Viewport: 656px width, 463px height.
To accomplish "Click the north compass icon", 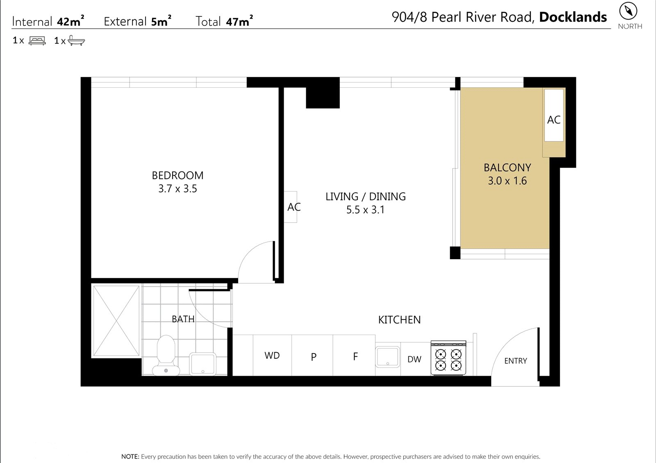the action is (628, 11).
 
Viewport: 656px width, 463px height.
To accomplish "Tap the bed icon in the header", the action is (37, 41).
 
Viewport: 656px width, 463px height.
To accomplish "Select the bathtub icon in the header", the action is (76, 41).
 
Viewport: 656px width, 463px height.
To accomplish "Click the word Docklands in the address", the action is (573, 17).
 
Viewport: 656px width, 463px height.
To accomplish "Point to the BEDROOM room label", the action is (178, 176).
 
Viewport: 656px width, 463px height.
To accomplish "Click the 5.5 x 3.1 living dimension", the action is (365, 210).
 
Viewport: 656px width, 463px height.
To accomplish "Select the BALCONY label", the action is (507, 167).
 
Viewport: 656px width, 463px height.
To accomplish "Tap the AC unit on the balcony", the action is (554, 115).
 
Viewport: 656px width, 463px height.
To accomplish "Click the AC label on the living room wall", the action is (294, 207).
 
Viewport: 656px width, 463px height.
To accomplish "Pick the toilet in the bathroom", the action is (166, 355).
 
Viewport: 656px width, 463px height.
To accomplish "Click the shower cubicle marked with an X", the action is (116, 321).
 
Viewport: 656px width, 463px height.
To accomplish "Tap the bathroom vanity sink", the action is (203, 364).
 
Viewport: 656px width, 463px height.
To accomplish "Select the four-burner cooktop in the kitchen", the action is (448, 358).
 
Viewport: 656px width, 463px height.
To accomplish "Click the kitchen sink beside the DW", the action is (387, 357).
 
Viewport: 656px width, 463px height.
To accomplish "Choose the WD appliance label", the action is (272, 356).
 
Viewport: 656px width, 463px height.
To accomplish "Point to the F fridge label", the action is (355, 356).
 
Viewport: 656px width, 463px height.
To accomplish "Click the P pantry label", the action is (313, 357).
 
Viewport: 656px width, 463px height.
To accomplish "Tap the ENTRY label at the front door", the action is (515, 361).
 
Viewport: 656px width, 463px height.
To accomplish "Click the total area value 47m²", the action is (239, 21).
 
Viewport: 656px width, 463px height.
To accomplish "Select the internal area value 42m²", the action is (70, 21).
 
